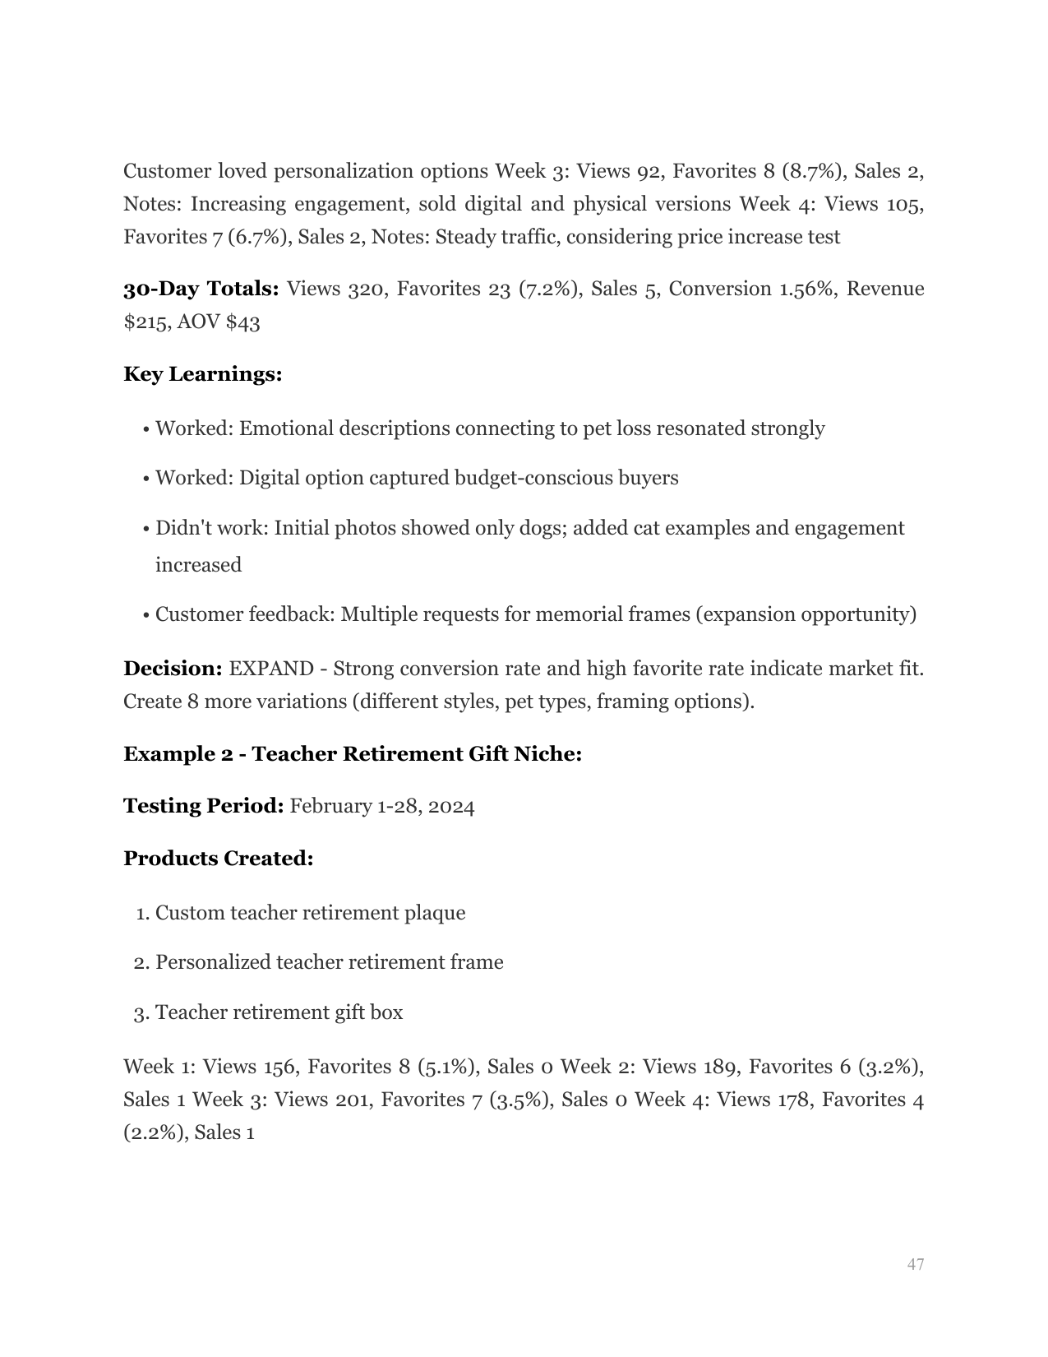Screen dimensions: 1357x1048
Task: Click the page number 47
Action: tap(916, 1264)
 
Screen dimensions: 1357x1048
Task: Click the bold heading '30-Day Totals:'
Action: tap(201, 289)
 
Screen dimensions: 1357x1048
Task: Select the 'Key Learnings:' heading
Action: tap(202, 374)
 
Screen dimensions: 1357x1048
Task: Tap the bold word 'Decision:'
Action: tap(173, 669)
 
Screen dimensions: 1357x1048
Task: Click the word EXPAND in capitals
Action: tap(270, 669)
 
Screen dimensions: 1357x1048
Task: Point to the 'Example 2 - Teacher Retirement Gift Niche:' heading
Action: tap(353, 754)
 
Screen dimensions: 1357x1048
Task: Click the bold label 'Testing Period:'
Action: tap(203, 806)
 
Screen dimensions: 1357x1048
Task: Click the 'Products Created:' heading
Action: tap(218, 859)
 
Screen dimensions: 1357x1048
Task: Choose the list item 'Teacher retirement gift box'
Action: tap(279, 1012)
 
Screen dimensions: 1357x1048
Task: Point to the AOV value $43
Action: tap(242, 322)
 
